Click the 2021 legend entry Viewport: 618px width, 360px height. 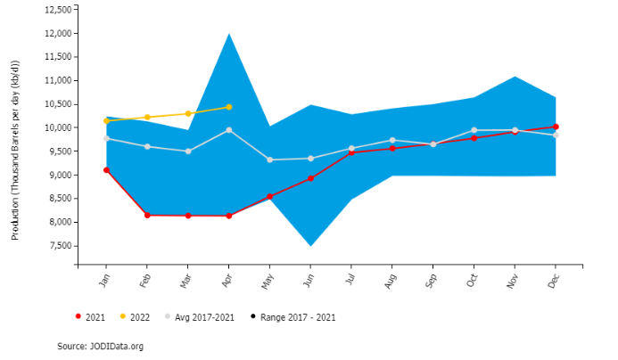click(90, 316)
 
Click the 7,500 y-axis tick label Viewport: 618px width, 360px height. click(59, 246)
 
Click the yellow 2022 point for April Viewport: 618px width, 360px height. click(229, 107)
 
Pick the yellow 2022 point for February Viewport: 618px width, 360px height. click(147, 117)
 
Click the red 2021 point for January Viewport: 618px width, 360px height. click(106, 170)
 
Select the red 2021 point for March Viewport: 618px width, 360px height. click(187, 216)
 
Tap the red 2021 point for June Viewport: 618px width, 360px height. click(310, 178)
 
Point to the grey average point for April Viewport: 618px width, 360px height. click(229, 130)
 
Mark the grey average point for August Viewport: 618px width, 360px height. click(392, 140)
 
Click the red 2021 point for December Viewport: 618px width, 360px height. click(556, 127)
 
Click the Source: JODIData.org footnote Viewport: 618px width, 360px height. click(100, 346)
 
